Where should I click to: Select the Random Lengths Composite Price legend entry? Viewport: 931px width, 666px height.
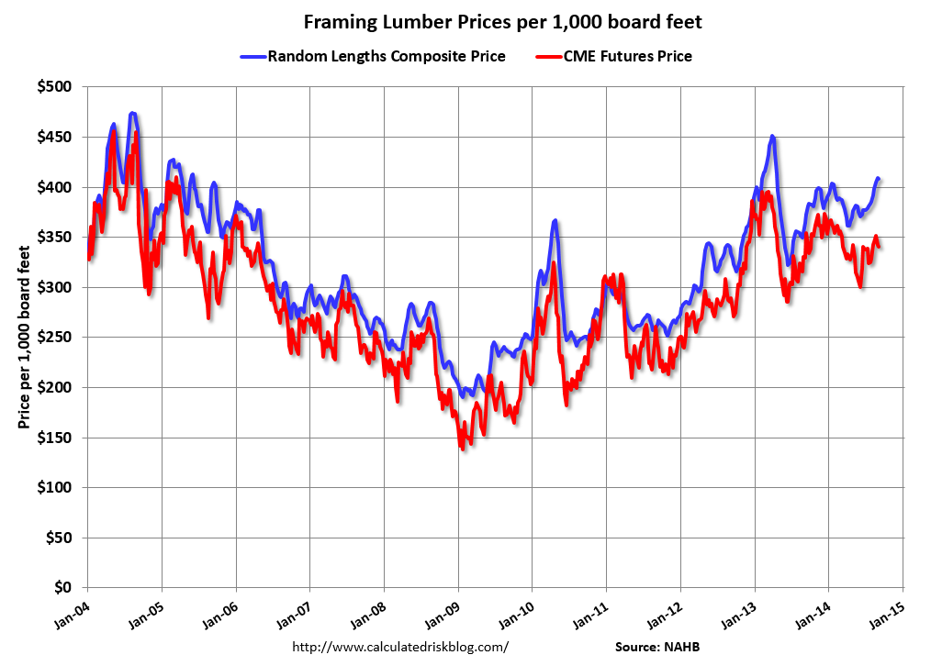click(386, 56)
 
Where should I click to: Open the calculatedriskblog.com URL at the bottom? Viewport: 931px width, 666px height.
click(399, 647)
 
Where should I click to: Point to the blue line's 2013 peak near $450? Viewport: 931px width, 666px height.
click(772, 137)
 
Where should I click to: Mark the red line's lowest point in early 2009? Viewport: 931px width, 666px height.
click(461, 448)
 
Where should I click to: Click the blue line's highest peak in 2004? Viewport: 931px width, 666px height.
click(133, 114)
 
